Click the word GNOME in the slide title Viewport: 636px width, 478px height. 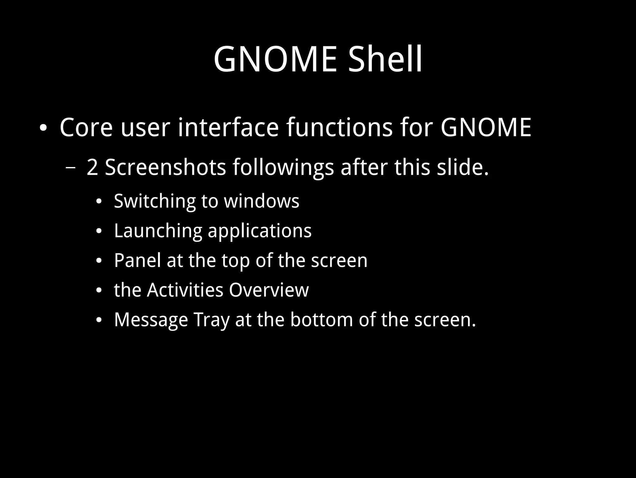click(275, 59)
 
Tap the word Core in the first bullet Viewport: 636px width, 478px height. click(86, 127)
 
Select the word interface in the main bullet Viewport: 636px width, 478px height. click(228, 127)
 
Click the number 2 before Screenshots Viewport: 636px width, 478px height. click(92, 167)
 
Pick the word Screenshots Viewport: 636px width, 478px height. click(165, 167)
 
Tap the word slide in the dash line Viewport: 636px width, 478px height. click(463, 167)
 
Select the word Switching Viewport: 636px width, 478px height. click(154, 201)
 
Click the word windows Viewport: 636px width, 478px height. click(261, 201)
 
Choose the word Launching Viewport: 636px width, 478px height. click(157, 231)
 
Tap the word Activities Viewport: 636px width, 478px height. click(185, 290)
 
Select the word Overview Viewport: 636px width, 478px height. click(269, 290)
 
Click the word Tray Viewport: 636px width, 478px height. click(211, 320)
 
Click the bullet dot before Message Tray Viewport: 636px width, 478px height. click(99, 320)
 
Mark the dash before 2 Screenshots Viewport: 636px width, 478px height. click(71, 168)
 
